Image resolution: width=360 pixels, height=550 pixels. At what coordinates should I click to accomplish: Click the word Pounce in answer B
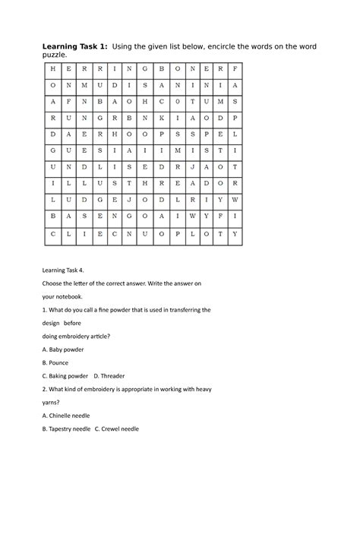click(x=62, y=362)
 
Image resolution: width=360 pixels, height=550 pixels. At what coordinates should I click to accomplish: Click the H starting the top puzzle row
click(x=52, y=68)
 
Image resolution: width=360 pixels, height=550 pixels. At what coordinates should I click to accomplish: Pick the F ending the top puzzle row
click(x=236, y=68)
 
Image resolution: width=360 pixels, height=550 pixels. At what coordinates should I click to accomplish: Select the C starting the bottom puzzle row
click(x=52, y=233)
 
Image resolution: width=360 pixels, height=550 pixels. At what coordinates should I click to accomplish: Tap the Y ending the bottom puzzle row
click(x=236, y=233)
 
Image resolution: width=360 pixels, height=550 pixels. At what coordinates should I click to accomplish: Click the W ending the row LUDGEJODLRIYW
click(x=236, y=200)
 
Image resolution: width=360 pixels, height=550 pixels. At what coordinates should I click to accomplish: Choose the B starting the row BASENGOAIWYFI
click(x=52, y=217)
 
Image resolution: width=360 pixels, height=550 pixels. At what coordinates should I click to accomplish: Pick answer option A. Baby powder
click(x=63, y=349)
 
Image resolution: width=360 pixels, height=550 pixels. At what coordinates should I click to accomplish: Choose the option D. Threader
click(x=109, y=376)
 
